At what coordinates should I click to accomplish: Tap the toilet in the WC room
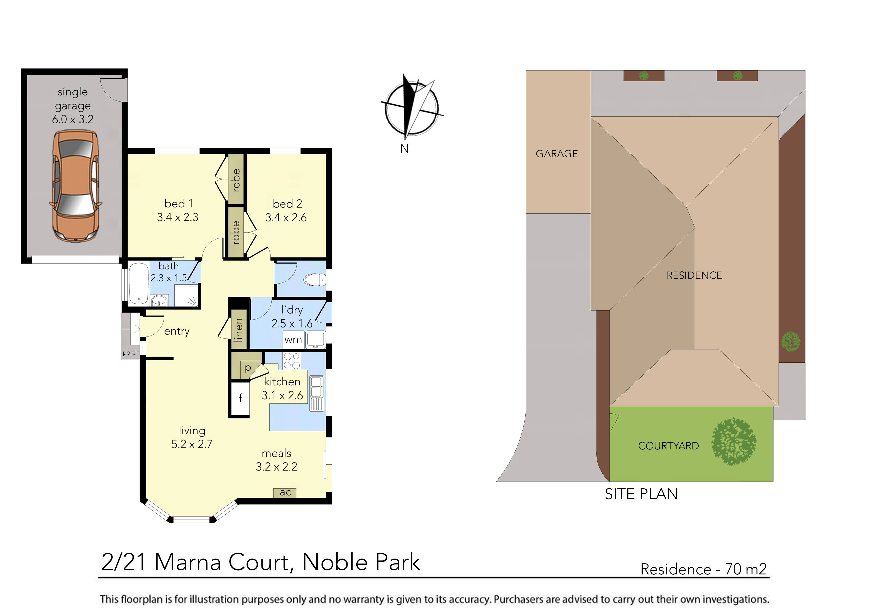click(314, 280)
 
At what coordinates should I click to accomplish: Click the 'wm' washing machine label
click(293, 340)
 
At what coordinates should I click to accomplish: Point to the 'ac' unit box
click(285, 492)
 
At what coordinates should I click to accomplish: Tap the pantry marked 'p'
click(248, 368)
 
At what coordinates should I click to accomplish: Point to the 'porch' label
click(130, 353)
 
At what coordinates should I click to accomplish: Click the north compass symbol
click(411, 108)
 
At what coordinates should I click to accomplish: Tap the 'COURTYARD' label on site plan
click(668, 446)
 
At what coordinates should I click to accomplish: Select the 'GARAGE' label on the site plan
click(557, 154)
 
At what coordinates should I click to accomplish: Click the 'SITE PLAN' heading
click(641, 494)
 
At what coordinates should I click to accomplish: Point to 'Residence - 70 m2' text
click(703, 569)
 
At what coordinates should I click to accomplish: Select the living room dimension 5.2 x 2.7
click(192, 444)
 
